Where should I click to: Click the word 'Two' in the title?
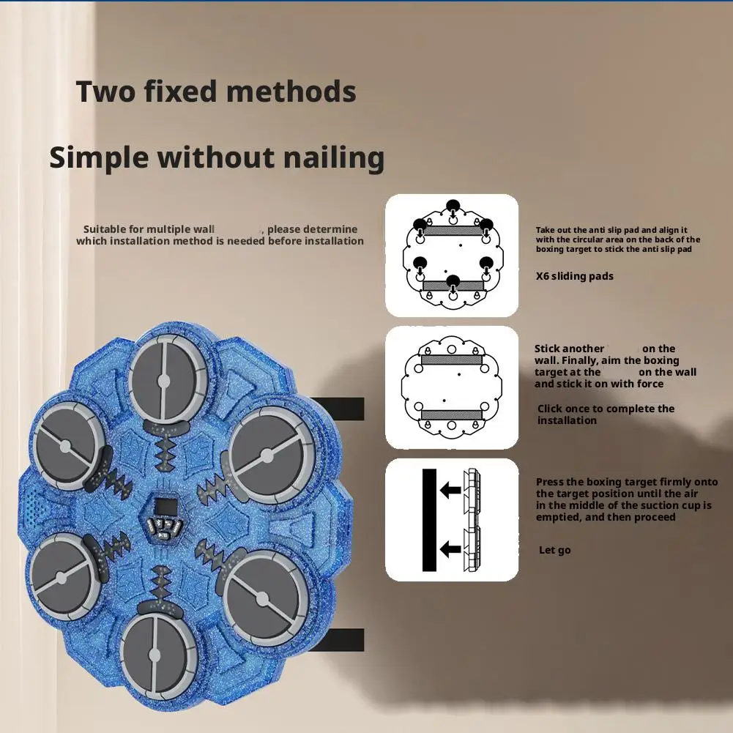point(105,92)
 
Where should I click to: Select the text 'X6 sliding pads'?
point(575,276)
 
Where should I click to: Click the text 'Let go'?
point(555,550)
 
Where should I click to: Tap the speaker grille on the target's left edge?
point(33,505)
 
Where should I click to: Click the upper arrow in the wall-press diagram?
point(450,491)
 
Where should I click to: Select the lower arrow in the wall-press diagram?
point(450,548)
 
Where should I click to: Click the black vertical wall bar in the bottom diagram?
point(429,520)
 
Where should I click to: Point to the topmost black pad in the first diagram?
point(453,206)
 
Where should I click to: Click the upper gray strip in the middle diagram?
point(452,360)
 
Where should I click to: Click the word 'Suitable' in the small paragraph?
point(105,229)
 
